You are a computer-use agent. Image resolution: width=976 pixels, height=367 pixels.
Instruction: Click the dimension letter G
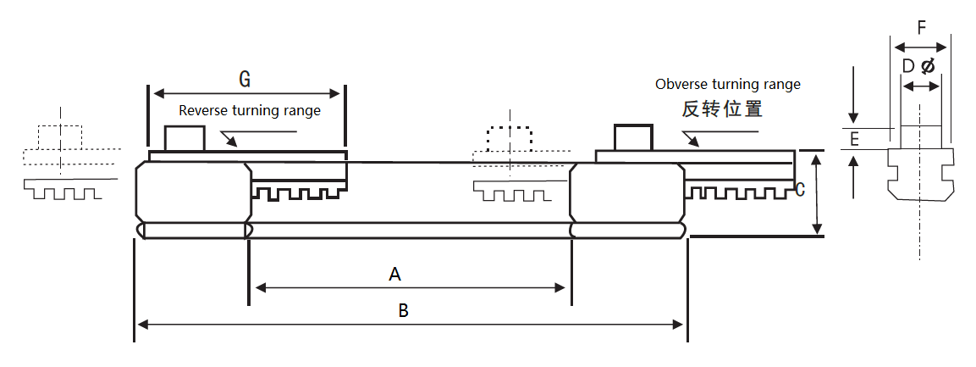pyautogui.click(x=245, y=79)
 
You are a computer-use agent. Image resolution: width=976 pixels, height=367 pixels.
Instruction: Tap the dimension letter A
pyautogui.click(x=394, y=274)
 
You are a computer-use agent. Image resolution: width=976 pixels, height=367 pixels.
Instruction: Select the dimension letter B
pyautogui.click(x=404, y=310)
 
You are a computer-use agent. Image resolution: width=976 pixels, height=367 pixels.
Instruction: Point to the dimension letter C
pyautogui.click(x=800, y=189)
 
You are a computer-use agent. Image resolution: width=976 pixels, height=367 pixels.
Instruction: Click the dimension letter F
pyautogui.click(x=922, y=27)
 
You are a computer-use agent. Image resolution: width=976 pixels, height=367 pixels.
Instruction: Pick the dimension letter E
pyautogui.click(x=855, y=139)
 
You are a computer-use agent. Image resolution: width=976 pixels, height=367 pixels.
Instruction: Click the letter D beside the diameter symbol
pyautogui.click(x=907, y=66)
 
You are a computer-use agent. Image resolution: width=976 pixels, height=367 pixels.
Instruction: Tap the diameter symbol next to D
pyautogui.click(x=928, y=66)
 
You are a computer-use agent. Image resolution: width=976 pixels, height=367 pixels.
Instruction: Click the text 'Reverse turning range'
pyautogui.click(x=250, y=110)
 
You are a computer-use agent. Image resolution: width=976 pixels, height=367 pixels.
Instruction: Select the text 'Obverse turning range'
pyautogui.click(x=728, y=85)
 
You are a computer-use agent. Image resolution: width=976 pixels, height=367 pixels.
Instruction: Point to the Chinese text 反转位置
pyautogui.click(x=723, y=108)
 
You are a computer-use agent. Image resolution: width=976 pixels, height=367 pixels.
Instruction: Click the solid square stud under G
pyautogui.click(x=184, y=138)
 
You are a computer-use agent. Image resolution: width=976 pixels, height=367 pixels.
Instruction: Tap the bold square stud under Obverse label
pyautogui.click(x=633, y=137)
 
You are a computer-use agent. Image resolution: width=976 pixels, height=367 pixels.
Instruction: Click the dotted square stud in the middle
pyautogui.click(x=510, y=138)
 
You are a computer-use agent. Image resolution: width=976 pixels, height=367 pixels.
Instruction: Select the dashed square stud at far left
pyautogui.click(x=60, y=136)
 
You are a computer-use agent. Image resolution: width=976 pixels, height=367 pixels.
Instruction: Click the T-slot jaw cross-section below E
pyautogui.click(x=920, y=175)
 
